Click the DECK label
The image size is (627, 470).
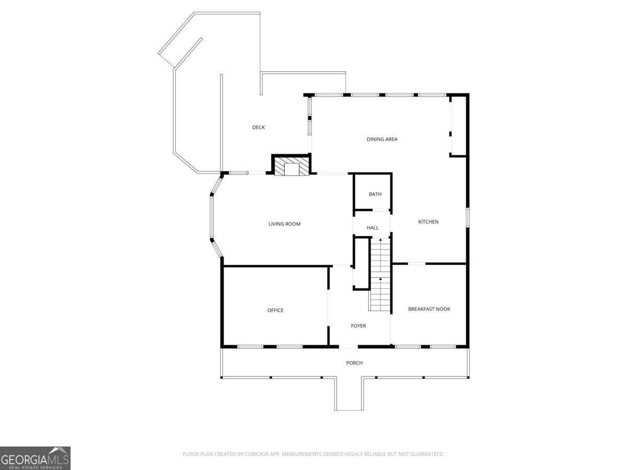click(x=259, y=127)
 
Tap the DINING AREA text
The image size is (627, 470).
click(x=382, y=139)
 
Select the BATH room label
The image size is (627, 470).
click(x=375, y=194)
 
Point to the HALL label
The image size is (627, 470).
click(x=373, y=228)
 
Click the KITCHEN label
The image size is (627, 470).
click(x=428, y=222)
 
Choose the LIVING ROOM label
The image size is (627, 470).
click(x=284, y=224)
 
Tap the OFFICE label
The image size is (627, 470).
click(x=275, y=310)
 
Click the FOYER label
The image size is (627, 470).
click(x=358, y=326)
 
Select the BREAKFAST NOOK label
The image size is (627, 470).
click(x=429, y=309)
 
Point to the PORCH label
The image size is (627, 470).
click(x=354, y=363)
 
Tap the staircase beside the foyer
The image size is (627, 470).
click(x=380, y=274)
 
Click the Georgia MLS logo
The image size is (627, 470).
click(x=35, y=458)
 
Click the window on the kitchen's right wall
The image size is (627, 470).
click(x=468, y=217)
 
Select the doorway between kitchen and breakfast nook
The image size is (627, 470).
click(x=416, y=264)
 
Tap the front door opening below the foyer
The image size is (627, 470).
click(x=349, y=347)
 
